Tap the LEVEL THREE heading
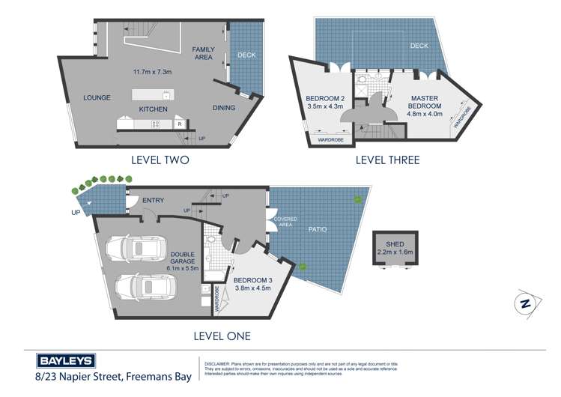[x=388, y=160]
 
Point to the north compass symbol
[x=526, y=302]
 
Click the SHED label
[x=395, y=244]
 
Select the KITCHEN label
[x=153, y=109]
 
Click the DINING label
[x=222, y=108]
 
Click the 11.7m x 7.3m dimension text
[x=153, y=73]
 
